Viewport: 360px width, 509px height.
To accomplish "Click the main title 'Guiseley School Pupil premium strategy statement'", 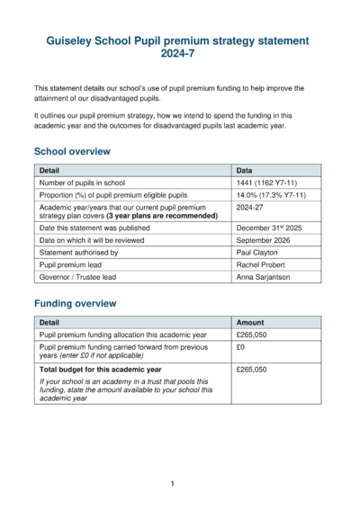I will pyautogui.click(x=179, y=40).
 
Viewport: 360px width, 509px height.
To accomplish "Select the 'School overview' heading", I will pyautogui.click(x=72, y=152).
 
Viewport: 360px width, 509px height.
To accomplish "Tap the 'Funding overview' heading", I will pyautogui.click(x=75, y=304).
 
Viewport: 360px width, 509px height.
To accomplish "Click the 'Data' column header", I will pyautogui.click(x=244, y=170).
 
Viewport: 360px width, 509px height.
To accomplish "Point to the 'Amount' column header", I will pyautogui.click(x=250, y=322).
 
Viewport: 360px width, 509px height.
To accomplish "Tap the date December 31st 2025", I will pyautogui.click(x=268, y=229).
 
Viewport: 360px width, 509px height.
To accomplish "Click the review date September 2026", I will pyautogui.click(x=263, y=241).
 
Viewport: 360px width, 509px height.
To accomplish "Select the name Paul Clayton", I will pyautogui.click(x=257, y=254).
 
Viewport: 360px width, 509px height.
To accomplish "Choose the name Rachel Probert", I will pyautogui.click(x=261, y=266).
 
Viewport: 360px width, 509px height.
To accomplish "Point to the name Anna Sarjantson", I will pyautogui.click(x=264, y=279).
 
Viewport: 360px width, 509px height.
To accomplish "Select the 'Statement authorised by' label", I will pyautogui.click(x=79, y=254).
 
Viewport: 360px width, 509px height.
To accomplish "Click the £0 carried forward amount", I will pyautogui.click(x=240, y=346).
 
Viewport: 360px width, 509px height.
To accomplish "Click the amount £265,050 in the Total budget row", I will pyautogui.click(x=253, y=370).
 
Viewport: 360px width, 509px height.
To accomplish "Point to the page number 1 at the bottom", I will pyautogui.click(x=172, y=484).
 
